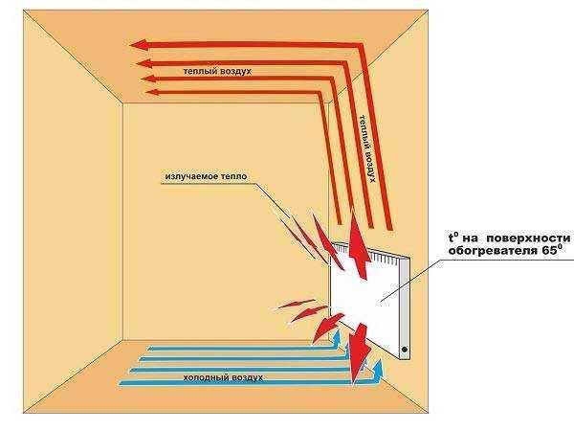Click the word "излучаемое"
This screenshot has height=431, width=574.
[x=191, y=176]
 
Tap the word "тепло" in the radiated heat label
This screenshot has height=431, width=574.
[x=234, y=176]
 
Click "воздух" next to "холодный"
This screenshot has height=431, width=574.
[x=245, y=378]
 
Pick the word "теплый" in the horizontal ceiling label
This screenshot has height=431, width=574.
[x=199, y=71]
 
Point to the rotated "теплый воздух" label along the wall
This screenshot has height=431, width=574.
[x=367, y=148]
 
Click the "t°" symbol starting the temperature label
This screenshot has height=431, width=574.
[x=453, y=238]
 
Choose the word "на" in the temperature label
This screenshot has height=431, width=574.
[x=471, y=238]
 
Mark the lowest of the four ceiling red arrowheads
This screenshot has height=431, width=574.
[x=153, y=92]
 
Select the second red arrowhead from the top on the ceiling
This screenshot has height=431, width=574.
[x=143, y=63]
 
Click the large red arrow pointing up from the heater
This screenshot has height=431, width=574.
[x=359, y=246]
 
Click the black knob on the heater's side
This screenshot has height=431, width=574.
[x=405, y=350]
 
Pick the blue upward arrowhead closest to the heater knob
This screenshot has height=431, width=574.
[x=378, y=367]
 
